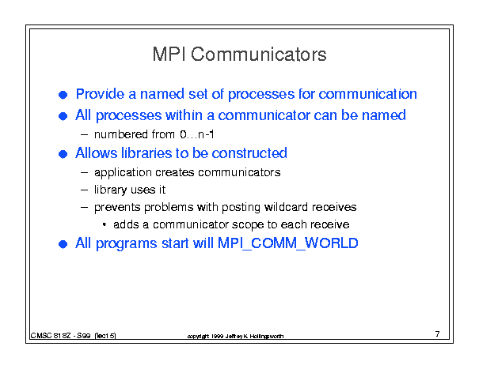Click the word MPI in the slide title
click(169, 55)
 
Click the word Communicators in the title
click(259, 55)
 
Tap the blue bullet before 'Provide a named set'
click(63, 95)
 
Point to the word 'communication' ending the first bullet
click(367, 94)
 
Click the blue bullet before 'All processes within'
click(63, 116)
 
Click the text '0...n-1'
click(197, 134)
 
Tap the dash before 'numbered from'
click(84, 134)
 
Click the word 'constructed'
click(249, 153)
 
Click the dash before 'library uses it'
click(84, 190)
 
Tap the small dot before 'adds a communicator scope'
click(105, 224)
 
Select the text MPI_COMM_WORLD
click(287, 243)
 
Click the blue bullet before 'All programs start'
click(63, 244)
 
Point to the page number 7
click(438, 334)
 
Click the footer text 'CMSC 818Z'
click(51, 336)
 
